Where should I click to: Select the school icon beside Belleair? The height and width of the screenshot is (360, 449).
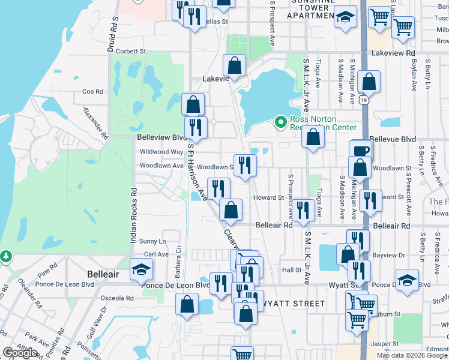click(141, 270)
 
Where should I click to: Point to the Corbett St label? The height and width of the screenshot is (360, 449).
click(131, 52)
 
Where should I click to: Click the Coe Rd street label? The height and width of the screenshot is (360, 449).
click(93, 92)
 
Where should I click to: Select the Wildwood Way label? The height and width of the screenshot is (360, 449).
click(161, 152)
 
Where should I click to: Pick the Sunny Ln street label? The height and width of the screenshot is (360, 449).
click(152, 241)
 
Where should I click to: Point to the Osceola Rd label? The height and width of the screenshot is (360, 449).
click(117, 298)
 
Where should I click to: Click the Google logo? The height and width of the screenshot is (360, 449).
click(20, 353)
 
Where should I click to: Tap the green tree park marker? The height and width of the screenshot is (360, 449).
click(6, 257)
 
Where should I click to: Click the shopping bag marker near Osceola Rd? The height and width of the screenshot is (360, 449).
click(187, 304)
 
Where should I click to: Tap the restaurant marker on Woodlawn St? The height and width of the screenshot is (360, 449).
click(244, 166)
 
